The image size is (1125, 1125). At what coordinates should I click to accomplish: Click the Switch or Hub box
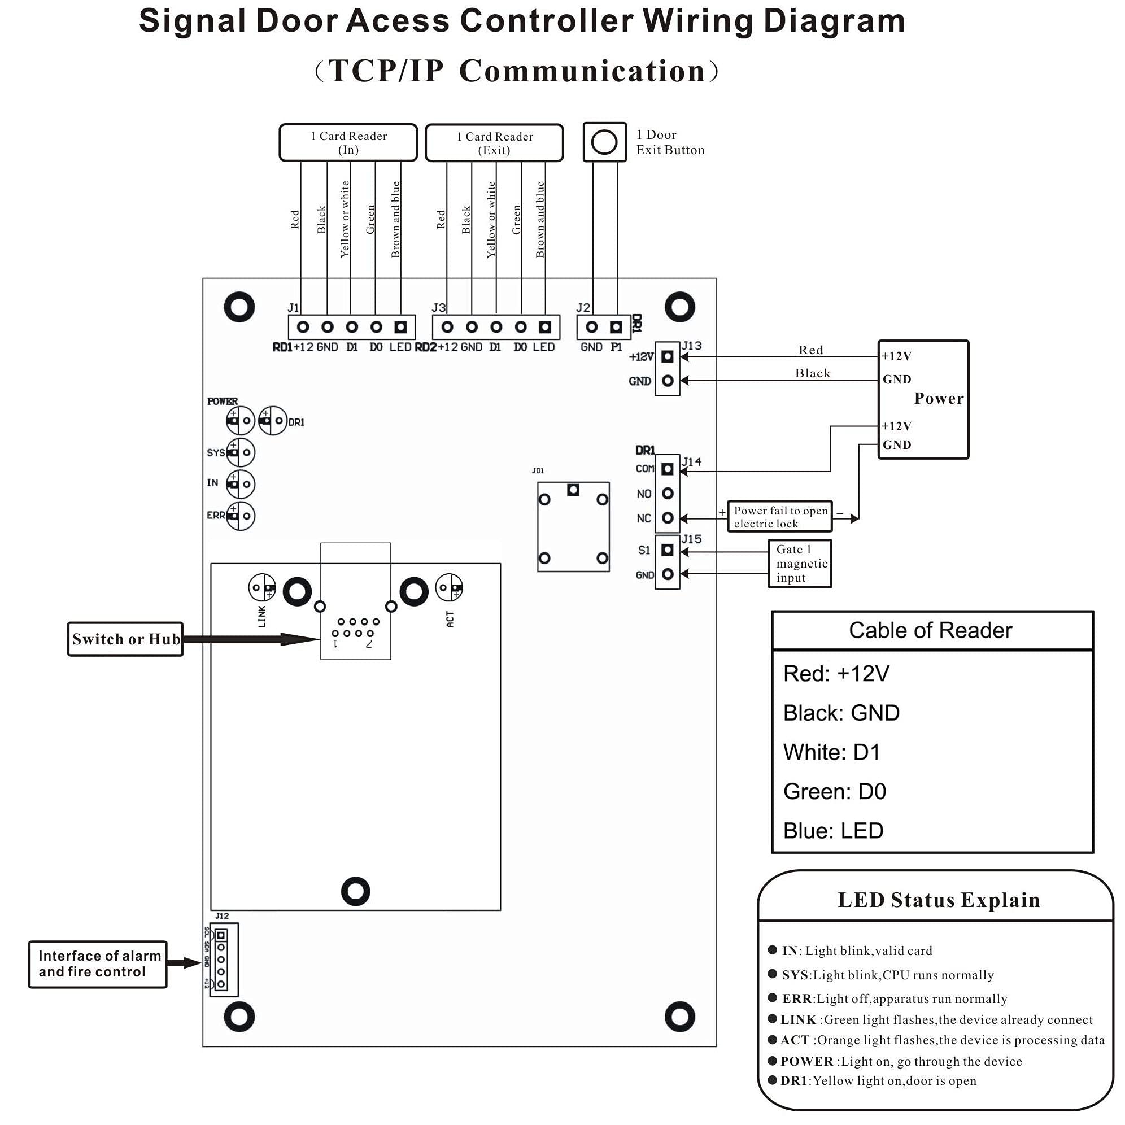coord(125,639)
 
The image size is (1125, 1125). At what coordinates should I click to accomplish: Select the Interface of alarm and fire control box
coord(98,964)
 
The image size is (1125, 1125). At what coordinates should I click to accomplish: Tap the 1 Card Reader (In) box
coord(348,143)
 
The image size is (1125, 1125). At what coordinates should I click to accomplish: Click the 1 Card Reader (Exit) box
coord(494,143)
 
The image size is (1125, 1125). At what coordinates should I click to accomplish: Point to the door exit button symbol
coord(604,142)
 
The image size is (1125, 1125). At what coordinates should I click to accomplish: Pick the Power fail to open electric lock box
coord(780,517)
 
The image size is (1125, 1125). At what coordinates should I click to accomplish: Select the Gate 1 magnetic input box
coord(800,564)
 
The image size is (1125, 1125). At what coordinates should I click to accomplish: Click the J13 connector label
coord(692,346)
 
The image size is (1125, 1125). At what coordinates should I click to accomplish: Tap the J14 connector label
coord(692,462)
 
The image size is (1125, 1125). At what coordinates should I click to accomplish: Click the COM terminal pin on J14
coord(668,469)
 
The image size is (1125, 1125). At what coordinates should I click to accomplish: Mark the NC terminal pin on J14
coord(668,518)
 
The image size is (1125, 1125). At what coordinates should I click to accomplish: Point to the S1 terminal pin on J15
coord(668,550)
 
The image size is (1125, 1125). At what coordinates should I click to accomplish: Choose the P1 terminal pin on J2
coord(616,327)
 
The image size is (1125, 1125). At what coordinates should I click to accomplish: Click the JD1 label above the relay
coord(538,470)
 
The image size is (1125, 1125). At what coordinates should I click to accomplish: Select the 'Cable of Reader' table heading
coord(931,631)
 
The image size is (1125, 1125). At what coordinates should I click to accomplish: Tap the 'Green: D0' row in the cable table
coord(835,792)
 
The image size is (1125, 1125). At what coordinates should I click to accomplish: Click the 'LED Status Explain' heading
coord(939,900)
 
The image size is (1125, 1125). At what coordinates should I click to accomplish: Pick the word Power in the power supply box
coord(939,399)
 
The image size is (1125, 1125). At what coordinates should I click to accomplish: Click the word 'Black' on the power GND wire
coord(813,373)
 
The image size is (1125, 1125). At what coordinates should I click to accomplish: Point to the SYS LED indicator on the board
coord(241,452)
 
